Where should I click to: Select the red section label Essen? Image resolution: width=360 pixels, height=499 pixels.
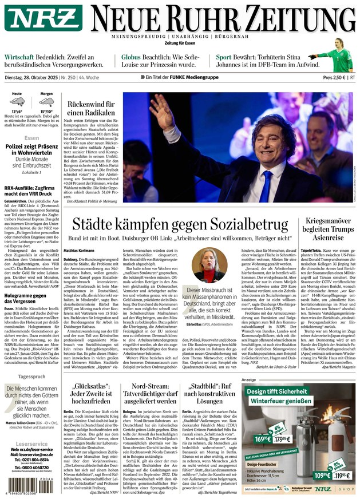tap(31, 138)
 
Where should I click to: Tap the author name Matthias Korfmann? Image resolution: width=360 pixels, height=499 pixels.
tap(80, 251)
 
